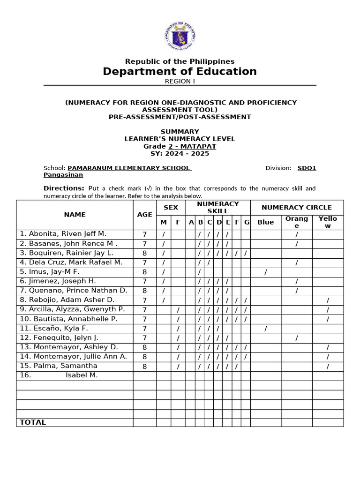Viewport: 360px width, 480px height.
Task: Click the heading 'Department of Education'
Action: tap(180, 71)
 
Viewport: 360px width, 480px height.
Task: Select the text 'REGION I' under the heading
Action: tap(180, 81)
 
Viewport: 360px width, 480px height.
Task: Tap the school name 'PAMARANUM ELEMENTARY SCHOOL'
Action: tap(129, 168)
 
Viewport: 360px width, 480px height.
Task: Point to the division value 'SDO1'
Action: tap(307, 168)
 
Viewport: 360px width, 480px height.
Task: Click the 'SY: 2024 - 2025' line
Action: tap(180, 154)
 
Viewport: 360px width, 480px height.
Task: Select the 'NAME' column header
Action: tap(75, 215)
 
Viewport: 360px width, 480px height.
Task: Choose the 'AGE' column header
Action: tap(144, 215)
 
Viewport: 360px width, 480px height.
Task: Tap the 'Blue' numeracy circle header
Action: tap(265, 222)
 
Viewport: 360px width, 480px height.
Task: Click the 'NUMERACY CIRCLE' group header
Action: tap(296, 207)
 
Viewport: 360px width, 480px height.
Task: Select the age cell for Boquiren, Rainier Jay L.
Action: tap(144, 253)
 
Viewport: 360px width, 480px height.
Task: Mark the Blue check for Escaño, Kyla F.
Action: tap(265, 329)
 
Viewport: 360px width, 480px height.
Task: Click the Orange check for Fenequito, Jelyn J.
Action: tap(296, 338)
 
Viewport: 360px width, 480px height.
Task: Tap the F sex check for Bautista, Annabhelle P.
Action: tap(178, 319)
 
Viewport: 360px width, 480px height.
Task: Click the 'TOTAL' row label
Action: tap(33, 422)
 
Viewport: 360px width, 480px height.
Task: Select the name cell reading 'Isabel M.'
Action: tap(82, 375)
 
